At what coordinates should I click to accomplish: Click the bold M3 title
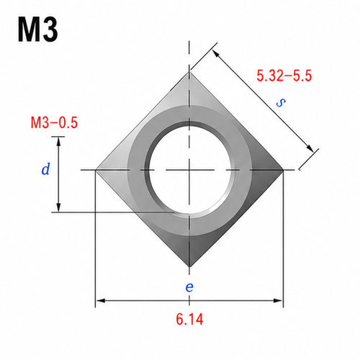tap(37, 30)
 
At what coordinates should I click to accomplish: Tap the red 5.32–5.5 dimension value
tap(284, 76)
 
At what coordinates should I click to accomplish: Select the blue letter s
tap(281, 102)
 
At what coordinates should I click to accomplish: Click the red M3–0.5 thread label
tap(54, 122)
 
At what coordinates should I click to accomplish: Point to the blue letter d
tap(45, 168)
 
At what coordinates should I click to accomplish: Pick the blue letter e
tap(189, 287)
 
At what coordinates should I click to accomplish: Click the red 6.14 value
tap(189, 319)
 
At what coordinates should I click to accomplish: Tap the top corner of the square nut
tap(189, 72)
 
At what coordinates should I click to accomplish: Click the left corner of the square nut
tap(96, 170)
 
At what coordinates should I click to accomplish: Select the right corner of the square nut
tap(284, 170)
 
